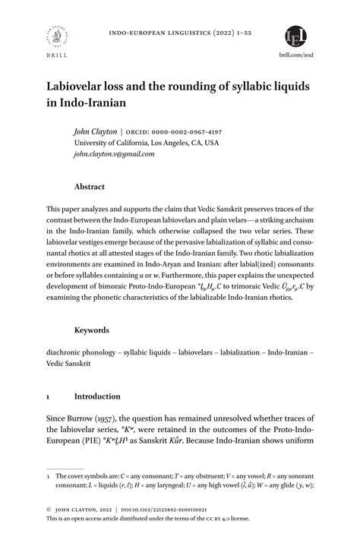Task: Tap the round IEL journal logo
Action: [x=297, y=36]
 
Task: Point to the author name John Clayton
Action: [x=95, y=131]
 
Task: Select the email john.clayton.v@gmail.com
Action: [x=114, y=153]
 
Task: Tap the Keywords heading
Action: [x=92, y=330]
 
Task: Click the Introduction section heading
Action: [x=97, y=396]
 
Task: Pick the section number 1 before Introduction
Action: [x=49, y=396]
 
